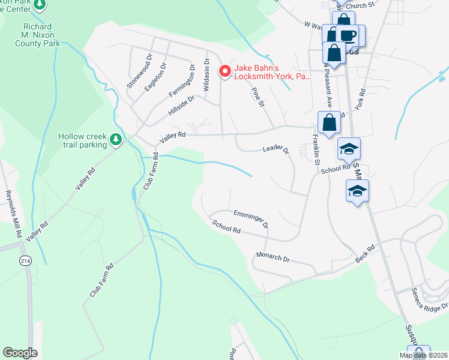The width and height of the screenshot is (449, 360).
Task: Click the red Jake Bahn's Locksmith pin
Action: (x=225, y=71)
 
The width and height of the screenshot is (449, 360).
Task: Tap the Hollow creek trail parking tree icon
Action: (x=116, y=140)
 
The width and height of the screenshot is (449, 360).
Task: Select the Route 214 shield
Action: (x=25, y=260)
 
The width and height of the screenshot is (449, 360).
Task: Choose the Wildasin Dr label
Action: (x=207, y=74)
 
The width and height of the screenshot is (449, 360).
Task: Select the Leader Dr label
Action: (x=276, y=149)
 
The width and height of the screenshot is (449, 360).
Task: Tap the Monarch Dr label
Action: (x=273, y=258)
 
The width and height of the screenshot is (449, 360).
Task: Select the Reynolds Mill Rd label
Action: (x=13, y=213)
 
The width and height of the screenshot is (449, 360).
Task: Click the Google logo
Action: (x=20, y=353)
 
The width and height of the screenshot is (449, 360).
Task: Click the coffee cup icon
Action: (x=347, y=34)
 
